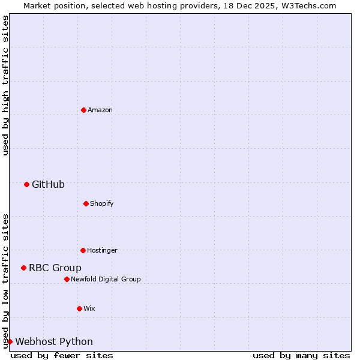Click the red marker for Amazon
(83, 110)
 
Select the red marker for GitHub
(26, 184)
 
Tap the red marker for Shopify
(86, 203)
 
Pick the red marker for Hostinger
(83, 250)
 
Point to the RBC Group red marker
(23, 268)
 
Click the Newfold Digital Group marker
(67, 279)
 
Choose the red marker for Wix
(79, 308)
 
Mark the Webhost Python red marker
(10, 341)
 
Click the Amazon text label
(100, 110)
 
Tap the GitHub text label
(48, 184)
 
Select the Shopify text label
(102, 203)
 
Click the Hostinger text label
(102, 250)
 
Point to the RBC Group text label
(55, 268)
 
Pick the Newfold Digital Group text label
(106, 279)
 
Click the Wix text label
(89, 308)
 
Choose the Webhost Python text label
(54, 341)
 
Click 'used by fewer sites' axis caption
(62, 355)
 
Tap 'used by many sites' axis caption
(301, 355)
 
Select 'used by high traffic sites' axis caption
(5, 85)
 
